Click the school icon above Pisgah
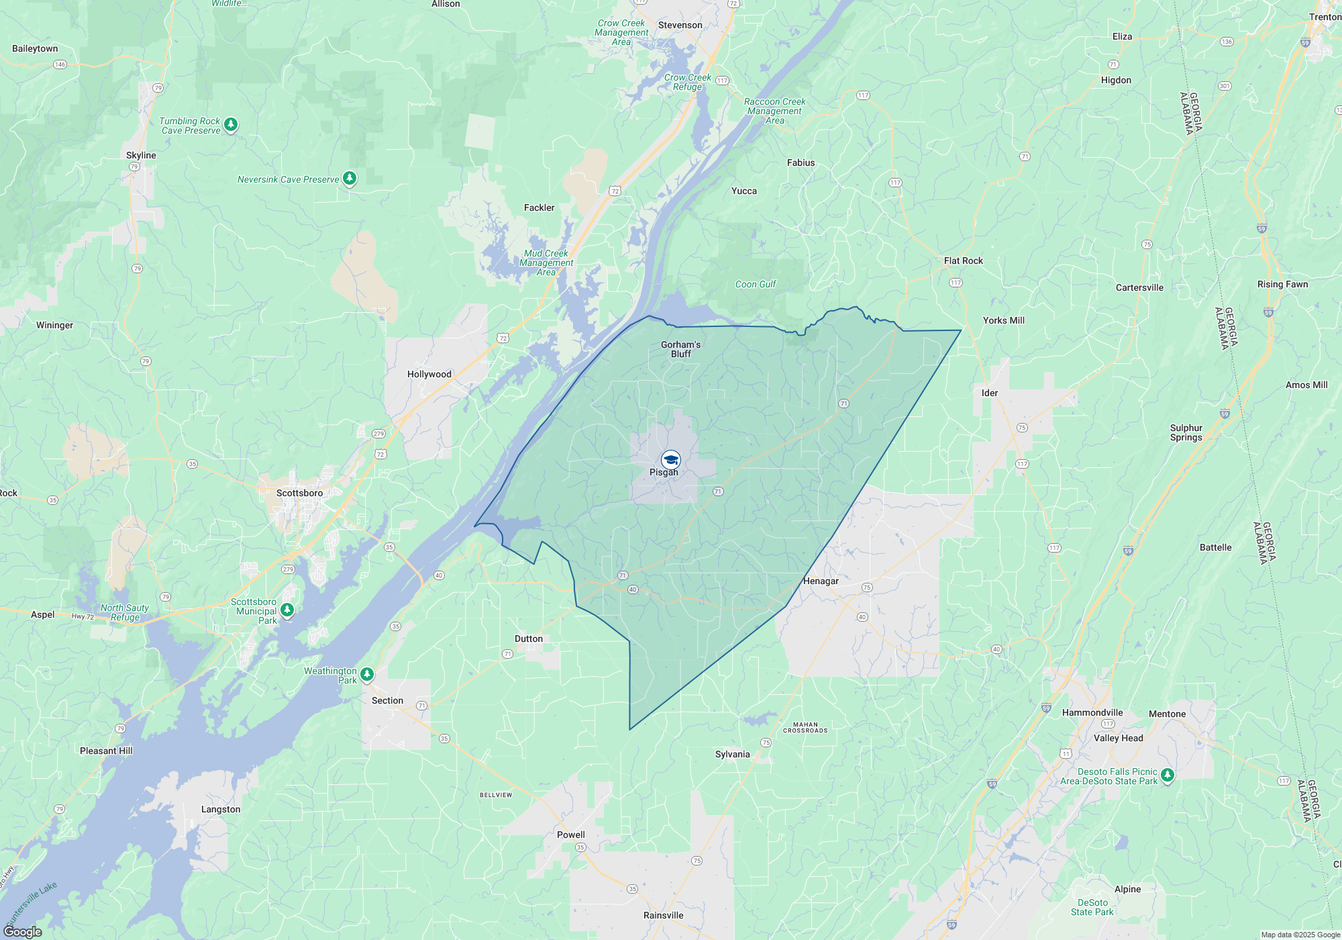coord(671,460)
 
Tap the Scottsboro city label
coord(299,493)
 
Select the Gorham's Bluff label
coord(680,349)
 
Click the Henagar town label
coord(821,581)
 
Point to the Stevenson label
coord(680,25)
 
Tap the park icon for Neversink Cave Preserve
coord(350,178)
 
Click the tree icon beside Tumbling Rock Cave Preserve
coord(231,124)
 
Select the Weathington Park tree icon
coord(367,673)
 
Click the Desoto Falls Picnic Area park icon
coord(1168,775)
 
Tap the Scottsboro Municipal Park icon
coord(287,610)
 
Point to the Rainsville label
coord(663,915)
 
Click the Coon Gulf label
coord(756,284)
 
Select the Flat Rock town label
coord(963,261)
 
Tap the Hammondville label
coord(1092,712)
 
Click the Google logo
coord(23,931)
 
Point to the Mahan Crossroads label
coord(805,727)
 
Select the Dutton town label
coord(529,639)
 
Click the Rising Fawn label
coord(1282,284)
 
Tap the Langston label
coord(221,809)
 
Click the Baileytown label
coord(35,48)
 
